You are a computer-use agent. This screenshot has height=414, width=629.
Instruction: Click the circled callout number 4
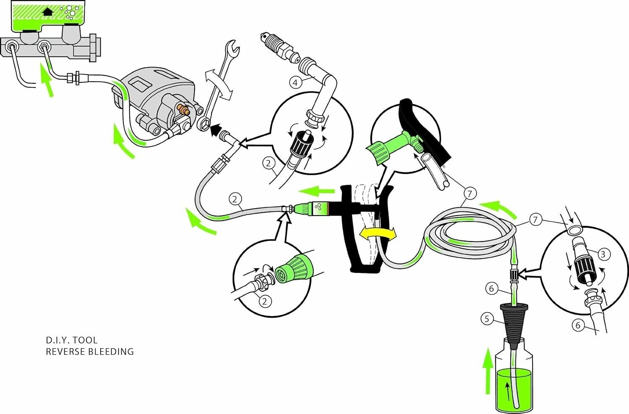click(296, 82)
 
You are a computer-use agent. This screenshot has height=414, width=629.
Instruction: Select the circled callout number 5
click(486, 319)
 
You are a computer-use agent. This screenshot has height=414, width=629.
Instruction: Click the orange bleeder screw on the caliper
click(183, 111)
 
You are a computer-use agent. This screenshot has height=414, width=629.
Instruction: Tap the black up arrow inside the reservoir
click(48, 11)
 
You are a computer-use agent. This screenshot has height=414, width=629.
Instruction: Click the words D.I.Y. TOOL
click(71, 340)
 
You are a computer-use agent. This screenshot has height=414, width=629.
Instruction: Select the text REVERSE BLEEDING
click(90, 352)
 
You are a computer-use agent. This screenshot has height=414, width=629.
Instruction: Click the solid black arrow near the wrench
click(216, 131)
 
